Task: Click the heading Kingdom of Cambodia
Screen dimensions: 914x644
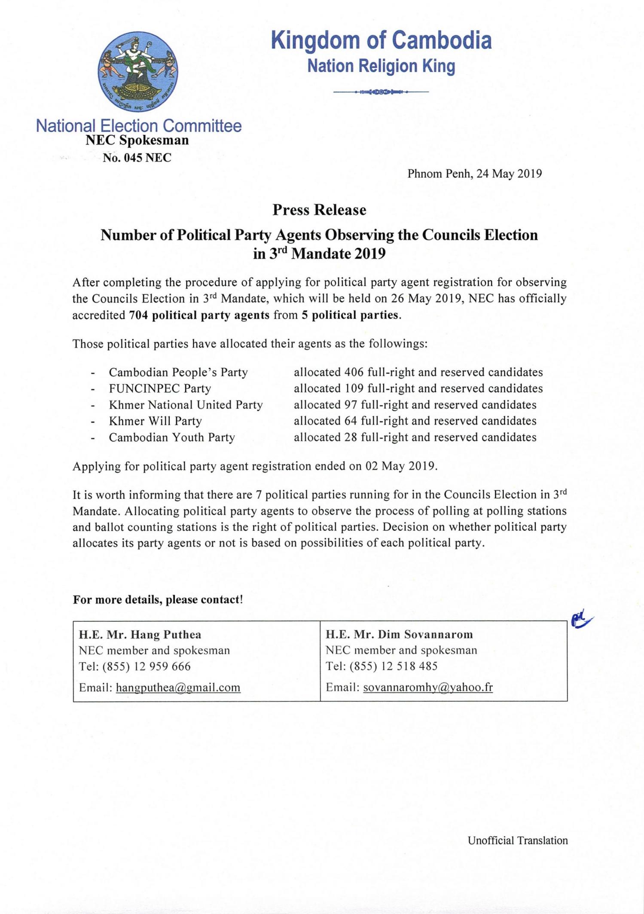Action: click(382, 41)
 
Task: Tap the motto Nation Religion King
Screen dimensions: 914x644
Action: click(382, 66)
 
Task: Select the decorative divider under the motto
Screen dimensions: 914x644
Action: click(382, 92)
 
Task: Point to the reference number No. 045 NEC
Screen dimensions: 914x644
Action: click(137, 158)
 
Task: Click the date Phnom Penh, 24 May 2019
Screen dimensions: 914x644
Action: click(474, 174)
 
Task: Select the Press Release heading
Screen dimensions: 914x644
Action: click(319, 210)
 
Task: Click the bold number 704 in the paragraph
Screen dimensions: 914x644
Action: click(138, 315)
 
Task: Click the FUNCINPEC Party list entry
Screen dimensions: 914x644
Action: click(160, 388)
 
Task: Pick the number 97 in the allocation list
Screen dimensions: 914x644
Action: click(351, 405)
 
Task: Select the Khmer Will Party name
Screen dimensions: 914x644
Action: click(155, 421)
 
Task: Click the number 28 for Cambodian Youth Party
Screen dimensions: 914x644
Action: click(351, 437)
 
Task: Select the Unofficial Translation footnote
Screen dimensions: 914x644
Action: click(518, 841)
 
